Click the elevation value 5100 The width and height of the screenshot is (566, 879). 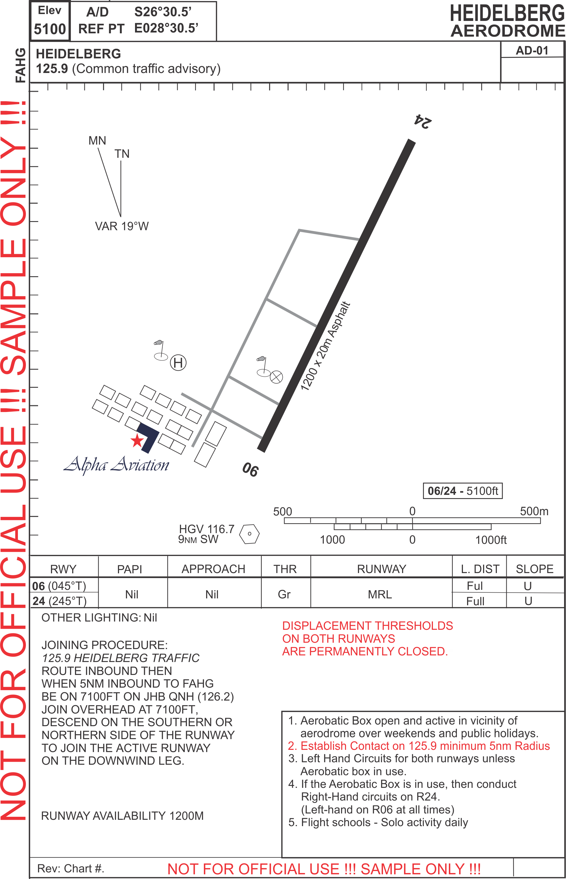tap(50, 29)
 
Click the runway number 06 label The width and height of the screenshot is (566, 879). tap(250, 469)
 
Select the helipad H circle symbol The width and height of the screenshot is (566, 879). tap(178, 363)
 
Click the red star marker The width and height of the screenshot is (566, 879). tap(137, 441)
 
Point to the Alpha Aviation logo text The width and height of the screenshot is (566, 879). tap(116, 465)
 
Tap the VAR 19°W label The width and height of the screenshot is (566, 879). tap(122, 226)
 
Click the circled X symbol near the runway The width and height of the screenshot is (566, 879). tap(276, 377)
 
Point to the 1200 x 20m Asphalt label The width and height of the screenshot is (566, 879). tap(325, 346)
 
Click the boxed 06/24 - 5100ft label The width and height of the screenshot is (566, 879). tap(462, 491)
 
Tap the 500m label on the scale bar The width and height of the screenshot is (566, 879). tap(534, 511)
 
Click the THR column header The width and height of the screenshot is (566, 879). tap(285, 569)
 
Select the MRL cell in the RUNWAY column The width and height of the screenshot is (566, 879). tap(380, 594)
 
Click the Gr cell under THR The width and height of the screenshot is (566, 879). tap(284, 594)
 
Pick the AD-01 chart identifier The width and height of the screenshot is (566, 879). tap(532, 50)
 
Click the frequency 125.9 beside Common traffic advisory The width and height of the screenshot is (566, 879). tap(52, 69)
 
